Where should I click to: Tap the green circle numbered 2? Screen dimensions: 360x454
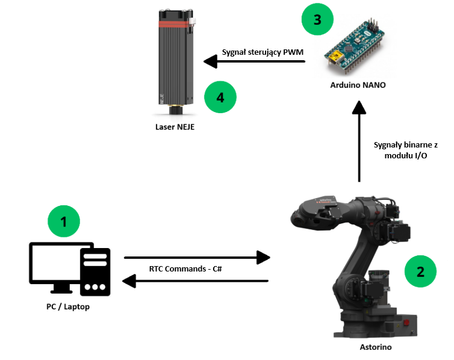(421, 271)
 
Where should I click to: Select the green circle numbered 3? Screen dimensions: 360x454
(317, 19)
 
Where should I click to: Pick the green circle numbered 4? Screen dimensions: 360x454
(220, 97)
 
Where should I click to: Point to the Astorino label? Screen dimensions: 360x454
(379, 348)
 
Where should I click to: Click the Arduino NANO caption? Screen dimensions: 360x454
(358, 85)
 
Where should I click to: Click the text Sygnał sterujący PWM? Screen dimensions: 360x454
(263, 52)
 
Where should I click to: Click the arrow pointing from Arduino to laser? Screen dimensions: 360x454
(253, 61)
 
